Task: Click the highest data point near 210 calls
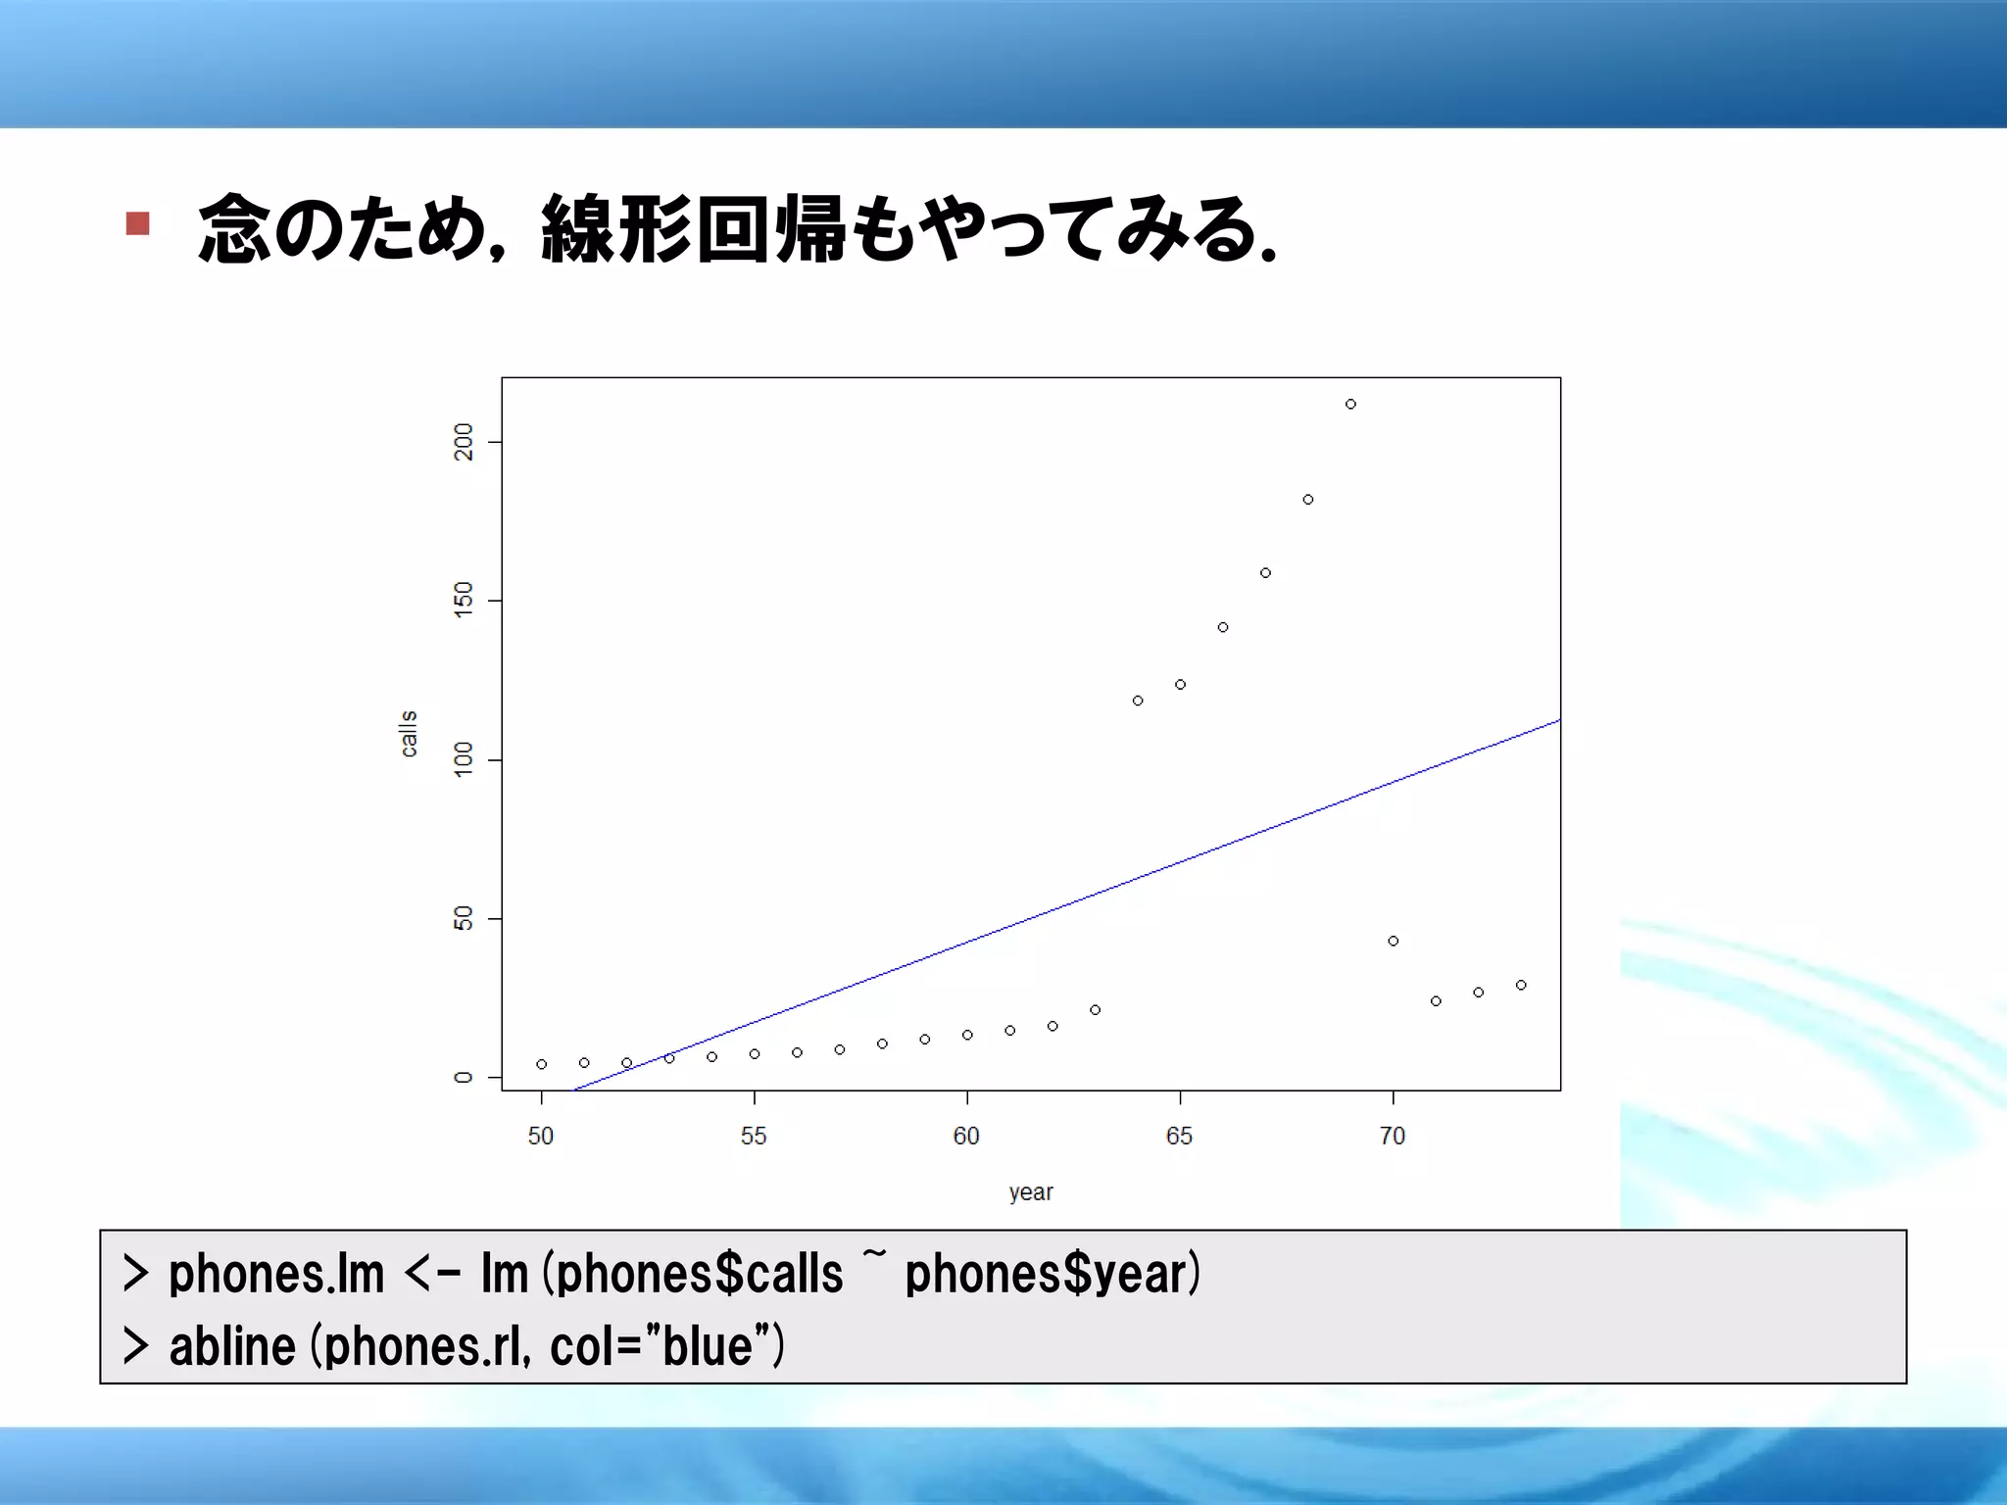(1350, 404)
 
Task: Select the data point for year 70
(1394, 941)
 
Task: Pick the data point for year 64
(1138, 701)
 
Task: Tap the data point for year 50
(542, 1064)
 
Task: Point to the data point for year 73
(1521, 985)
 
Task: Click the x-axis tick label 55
(754, 1136)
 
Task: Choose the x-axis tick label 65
(1179, 1136)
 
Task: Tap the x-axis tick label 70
(1393, 1136)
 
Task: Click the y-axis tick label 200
(464, 442)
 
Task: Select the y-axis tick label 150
(464, 600)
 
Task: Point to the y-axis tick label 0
(464, 1078)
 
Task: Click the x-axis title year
(1031, 1192)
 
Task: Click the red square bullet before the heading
(138, 224)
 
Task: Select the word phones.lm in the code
(276, 1274)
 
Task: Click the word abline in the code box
(233, 1346)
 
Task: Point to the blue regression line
(1078, 900)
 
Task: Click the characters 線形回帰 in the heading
(694, 229)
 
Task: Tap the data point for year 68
(1308, 500)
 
